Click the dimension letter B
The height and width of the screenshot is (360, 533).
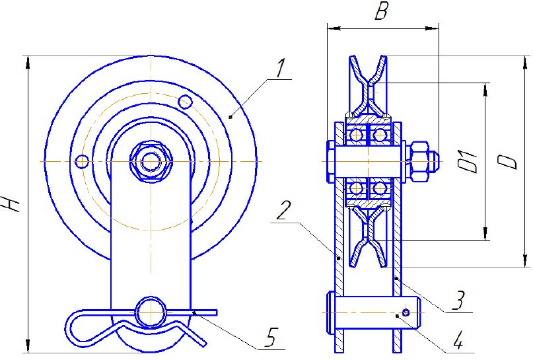click(x=381, y=12)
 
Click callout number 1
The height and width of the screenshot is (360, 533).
click(x=280, y=68)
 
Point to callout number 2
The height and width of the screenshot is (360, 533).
click(x=283, y=211)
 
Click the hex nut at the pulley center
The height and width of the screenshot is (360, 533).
click(x=151, y=161)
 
